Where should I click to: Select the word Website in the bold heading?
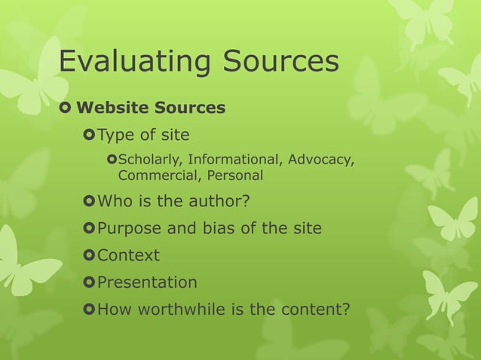click(113, 108)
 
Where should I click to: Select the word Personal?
click(229, 175)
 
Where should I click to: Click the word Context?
click(128, 255)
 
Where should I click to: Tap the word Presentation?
click(147, 282)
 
